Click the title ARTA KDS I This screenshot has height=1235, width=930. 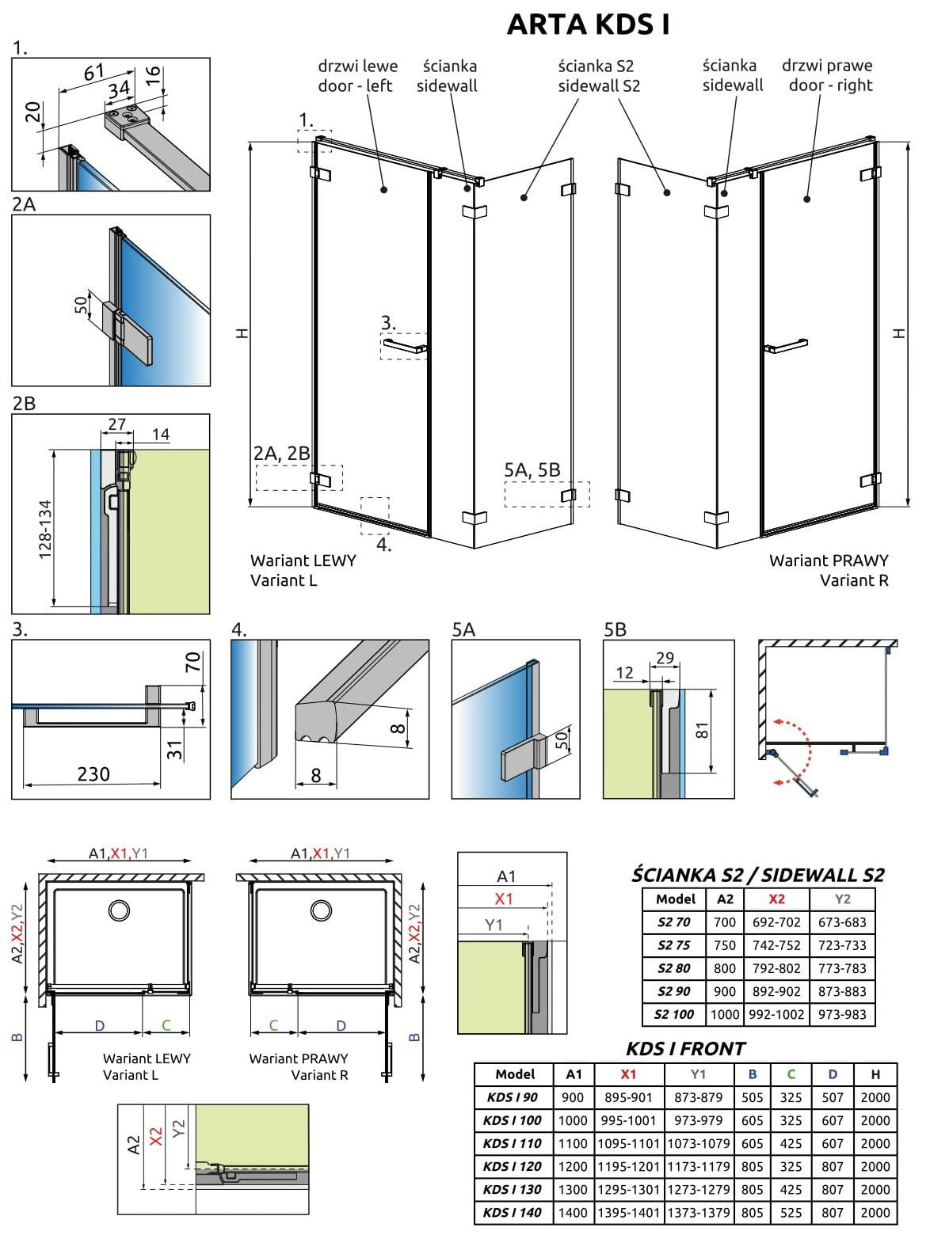tap(589, 25)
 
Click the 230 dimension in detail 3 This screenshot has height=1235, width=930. tap(93, 773)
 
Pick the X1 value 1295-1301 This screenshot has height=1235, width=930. tap(628, 1188)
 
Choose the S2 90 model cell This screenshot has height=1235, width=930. tap(673, 990)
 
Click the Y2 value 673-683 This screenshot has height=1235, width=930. tap(842, 921)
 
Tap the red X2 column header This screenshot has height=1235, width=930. tap(776, 899)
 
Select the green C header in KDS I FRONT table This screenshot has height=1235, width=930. tap(791, 1074)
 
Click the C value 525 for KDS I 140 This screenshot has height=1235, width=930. tap(791, 1211)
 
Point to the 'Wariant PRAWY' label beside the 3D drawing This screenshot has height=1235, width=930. tap(829, 560)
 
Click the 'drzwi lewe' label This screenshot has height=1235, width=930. tap(358, 66)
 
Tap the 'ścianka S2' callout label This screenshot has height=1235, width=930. tap(596, 66)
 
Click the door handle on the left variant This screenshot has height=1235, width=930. tap(405, 345)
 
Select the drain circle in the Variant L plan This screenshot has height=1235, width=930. tap(120, 910)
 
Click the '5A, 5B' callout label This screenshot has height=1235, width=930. tap(532, 469)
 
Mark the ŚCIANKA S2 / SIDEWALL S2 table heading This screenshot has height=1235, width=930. tap(757, 875)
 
